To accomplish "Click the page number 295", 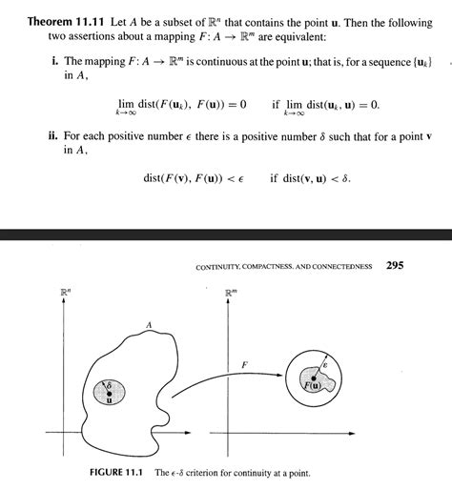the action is coord(397,266).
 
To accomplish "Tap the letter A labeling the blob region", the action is coord(149,326).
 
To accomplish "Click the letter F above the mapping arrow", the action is coord(245,365).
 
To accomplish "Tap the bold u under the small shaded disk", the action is coord(109,400).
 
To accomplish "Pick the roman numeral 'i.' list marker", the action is coord(54,62).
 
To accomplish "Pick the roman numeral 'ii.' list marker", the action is coord(53,135).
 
